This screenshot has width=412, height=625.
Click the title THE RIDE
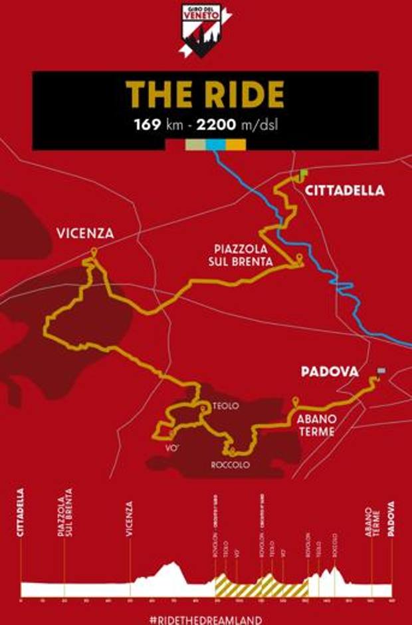(206, 97)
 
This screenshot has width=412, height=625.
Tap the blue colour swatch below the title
(216, 144)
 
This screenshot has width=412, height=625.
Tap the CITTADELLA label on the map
(344, 191)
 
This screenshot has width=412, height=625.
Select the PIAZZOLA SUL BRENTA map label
(239, 255)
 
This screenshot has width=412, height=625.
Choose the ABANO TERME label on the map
(316, 426)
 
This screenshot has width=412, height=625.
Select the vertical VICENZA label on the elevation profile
(130, 518)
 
